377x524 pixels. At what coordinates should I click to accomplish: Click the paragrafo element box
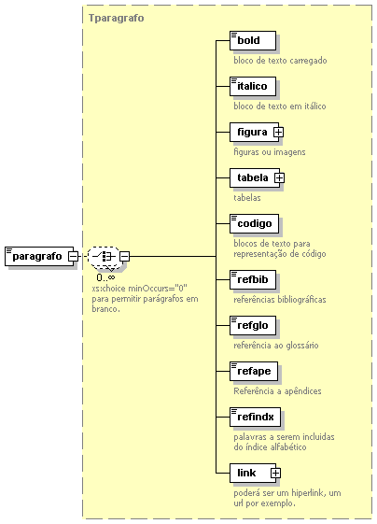pyautogui.click(x=39, y=256)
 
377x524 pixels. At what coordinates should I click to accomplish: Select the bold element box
pyautogui.click(x=253, y=41)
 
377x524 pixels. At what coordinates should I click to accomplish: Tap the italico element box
pyautogui.click(x=253, y=86)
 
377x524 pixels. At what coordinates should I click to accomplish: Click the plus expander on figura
pyautogui.click(x=278, y=133)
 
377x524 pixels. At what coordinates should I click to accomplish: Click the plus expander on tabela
pyautogui.click(x=280, y=178)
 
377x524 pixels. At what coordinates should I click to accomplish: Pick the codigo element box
pyautogui.click(x=254, y=223)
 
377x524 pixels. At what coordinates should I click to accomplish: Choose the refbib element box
pyautogui.click(x=253, y=279)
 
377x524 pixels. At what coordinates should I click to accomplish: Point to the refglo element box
pyautogui.click(x=253, y=325)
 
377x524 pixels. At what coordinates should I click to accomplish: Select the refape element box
pyautogui.click(x=254, y=371)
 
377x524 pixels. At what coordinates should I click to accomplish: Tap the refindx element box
pyautogui.click(x=255, y=418)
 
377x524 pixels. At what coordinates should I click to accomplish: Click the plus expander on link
pyautogui.click(x=275, y=474)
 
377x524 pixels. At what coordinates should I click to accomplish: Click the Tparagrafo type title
pyautogui.click(x=117, y=18)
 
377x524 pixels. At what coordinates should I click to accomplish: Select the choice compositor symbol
pyautogui.click(x=104, y=257)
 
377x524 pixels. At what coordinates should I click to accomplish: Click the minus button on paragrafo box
pyautogui.click(x=73, y=257)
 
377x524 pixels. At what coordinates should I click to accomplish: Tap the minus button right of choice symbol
pyautogui.click(x=124, y=257)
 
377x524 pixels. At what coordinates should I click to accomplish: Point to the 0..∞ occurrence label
pyautogui.click(x=105, y=277)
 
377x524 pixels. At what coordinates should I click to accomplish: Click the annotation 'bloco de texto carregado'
pyautogui.click(x=280, y=61)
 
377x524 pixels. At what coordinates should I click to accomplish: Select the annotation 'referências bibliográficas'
pyautogui.click(x=280, y=300)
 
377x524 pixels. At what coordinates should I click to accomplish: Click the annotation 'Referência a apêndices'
pyautogui.click(x=277, y=391)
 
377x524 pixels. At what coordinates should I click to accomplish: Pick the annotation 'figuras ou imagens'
pyautogui.click(x=270, y=152)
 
